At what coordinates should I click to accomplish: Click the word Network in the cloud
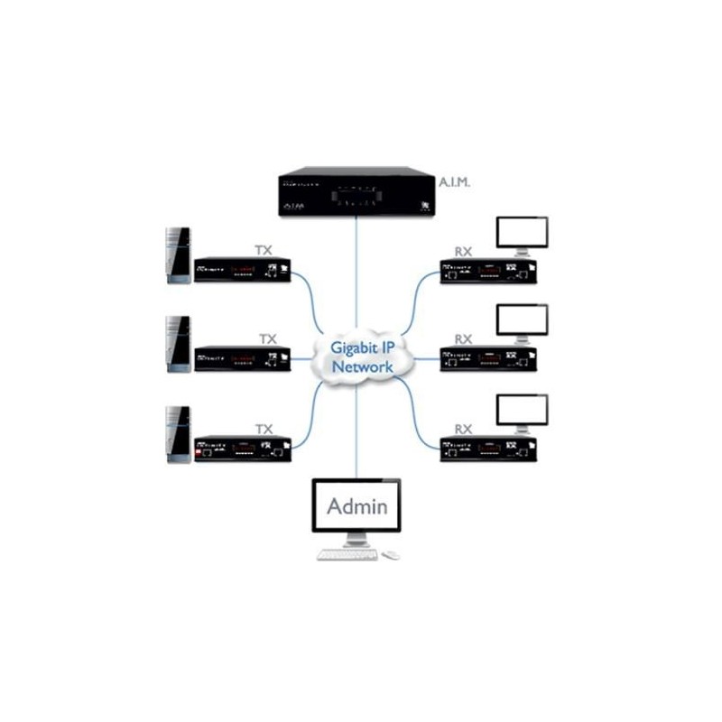point(362,367)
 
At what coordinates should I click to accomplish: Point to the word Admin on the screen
point(356,505)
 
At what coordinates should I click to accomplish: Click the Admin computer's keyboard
point(347,554)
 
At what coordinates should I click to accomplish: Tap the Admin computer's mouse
point(391,554)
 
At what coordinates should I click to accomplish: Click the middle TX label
point(267,339)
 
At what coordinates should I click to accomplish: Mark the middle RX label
point(463,339)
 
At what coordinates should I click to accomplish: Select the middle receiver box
point(487,358)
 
